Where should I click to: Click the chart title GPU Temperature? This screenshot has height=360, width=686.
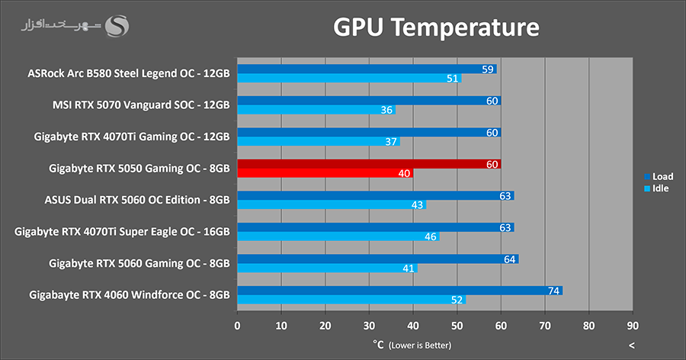pyautogui.click(x=436, y=28)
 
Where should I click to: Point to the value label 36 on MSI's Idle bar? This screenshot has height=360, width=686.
pyautogui.click(x=387, y=110)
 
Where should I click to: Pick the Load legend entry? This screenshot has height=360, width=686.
pyautogui.click(x=659, y=176)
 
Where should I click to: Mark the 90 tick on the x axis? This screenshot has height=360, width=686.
pyautogui.click(x=633, y=326)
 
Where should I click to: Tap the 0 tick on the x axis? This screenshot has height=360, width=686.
pyautogui.click(x=237, y=326)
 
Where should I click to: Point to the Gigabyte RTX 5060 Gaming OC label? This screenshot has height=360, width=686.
pyautogui.click(x=139, y=263)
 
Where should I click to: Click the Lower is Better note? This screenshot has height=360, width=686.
pyautogui.click(x=419, y=346)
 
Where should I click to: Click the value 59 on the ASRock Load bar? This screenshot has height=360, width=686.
pyautogui.click(x=489, y=69)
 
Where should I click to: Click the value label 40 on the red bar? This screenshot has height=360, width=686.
pyautogui.click(x=405, y=173)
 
